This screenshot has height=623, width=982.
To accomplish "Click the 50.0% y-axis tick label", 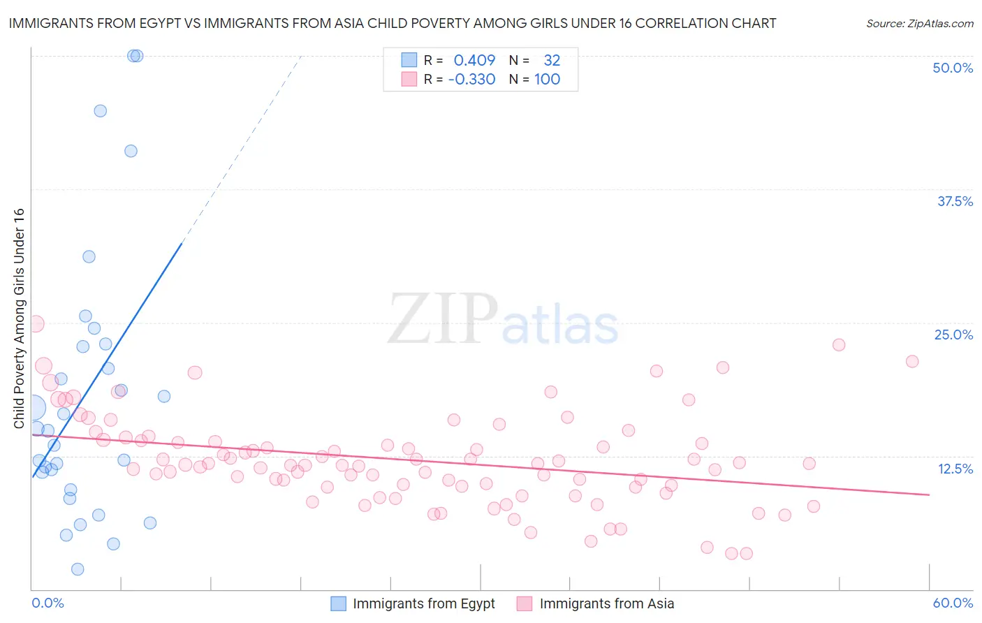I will click(x=953, y=68).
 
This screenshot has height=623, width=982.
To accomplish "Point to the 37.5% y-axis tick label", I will click(x=955, y=201).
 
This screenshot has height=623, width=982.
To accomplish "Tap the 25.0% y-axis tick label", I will click(x=953, y=335).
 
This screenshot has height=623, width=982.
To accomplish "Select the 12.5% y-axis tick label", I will click(x=955, y=469).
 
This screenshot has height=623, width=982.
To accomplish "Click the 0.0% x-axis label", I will click(x=47, y=603).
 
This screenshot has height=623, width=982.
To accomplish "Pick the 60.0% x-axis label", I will click(x=953, y=603).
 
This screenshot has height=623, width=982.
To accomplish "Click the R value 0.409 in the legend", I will click(x=474, y=60).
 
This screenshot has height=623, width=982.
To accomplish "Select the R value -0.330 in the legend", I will click(x=471, y=79).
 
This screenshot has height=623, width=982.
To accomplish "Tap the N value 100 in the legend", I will click(x=547, y=79).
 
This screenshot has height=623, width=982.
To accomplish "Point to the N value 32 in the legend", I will click(x=552, y=60).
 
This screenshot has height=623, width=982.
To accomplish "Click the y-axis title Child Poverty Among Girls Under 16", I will click(x=19, y=318).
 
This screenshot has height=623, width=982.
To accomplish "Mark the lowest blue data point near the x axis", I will click(x=78, y=569).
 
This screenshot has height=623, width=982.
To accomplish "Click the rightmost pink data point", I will click(x=911, y=361).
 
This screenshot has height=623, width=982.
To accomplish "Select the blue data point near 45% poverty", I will click(x=100, y=110).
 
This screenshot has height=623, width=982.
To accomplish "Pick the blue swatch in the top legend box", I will click(x=409, y=60).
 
